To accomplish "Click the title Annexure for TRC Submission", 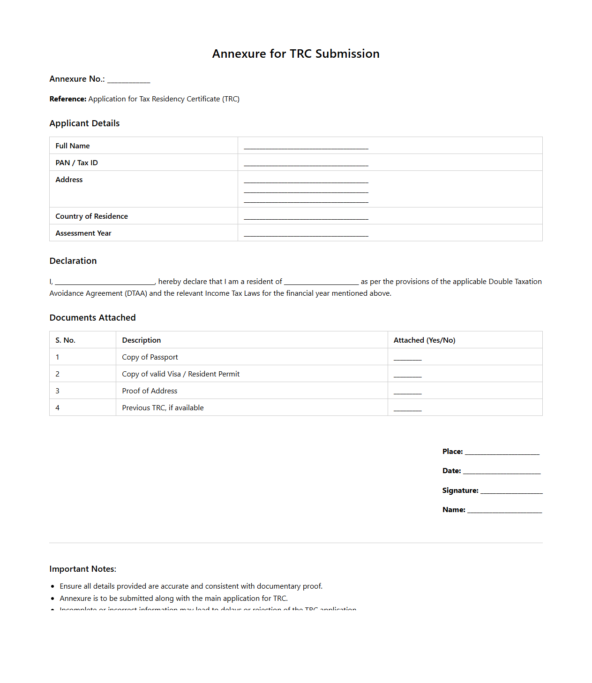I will pyautogui.click(x=296, y=54).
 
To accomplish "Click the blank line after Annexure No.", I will pyautogui.click(x=128, y=80).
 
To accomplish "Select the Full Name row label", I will pyautogui.click(x=73, y=146).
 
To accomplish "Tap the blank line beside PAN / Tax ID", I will pyautogui.click(x=306, y=164).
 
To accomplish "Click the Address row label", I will pyautogui.click(x=69, y=180).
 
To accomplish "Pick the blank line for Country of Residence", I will pyautogui.click(x=306, y=217).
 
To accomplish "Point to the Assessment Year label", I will pyautogui.click(x=83, y=233).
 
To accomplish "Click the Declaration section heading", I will pyautogui.click(x=73, y=261).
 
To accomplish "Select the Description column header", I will pyautogui.click(x=142, y=340).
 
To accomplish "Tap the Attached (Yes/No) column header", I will pyautogui.click(x=424, y=340).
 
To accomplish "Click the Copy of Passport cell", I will pyautogui.click(x=150, y=357).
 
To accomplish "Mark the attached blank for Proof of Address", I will pyautogui.click(x=407, y=392).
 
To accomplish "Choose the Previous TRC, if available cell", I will pyautogui.click(x=163, y=408).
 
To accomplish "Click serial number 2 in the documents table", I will pyautogui.click(x=58, y=374).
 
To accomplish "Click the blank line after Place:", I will pyautogui.click(x=502, y=453).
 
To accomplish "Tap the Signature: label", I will pyautogui.click(x=460, y=491).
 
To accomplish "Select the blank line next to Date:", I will pyautogui.click(x=502, y=472).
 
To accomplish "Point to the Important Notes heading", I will pyautogui.click(x=83, y=569).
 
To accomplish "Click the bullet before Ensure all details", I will pyautogui.click(x=53, y=586).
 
